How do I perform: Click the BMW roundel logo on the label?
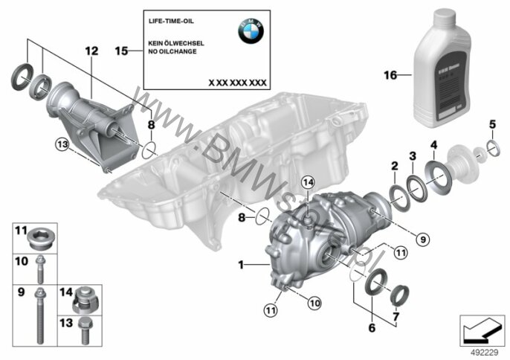(x=251, y=30)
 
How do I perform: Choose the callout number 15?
(x=122, y=51)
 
